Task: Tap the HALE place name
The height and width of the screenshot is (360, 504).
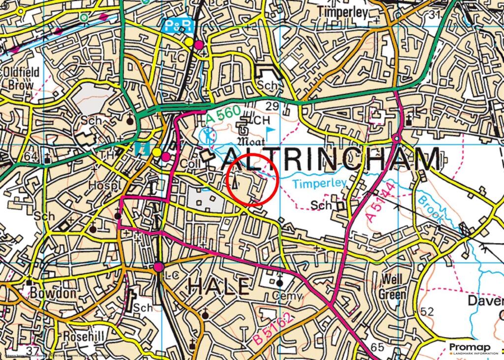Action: (219, 286)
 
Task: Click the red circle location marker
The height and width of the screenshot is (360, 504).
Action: (253, 179)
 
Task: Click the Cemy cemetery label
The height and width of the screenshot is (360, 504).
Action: (280, 294)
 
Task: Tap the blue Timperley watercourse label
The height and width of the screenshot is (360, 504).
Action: (319, 184)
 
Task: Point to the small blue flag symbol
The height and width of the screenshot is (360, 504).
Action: (271, 131)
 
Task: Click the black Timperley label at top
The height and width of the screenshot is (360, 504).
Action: (343, 12)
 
